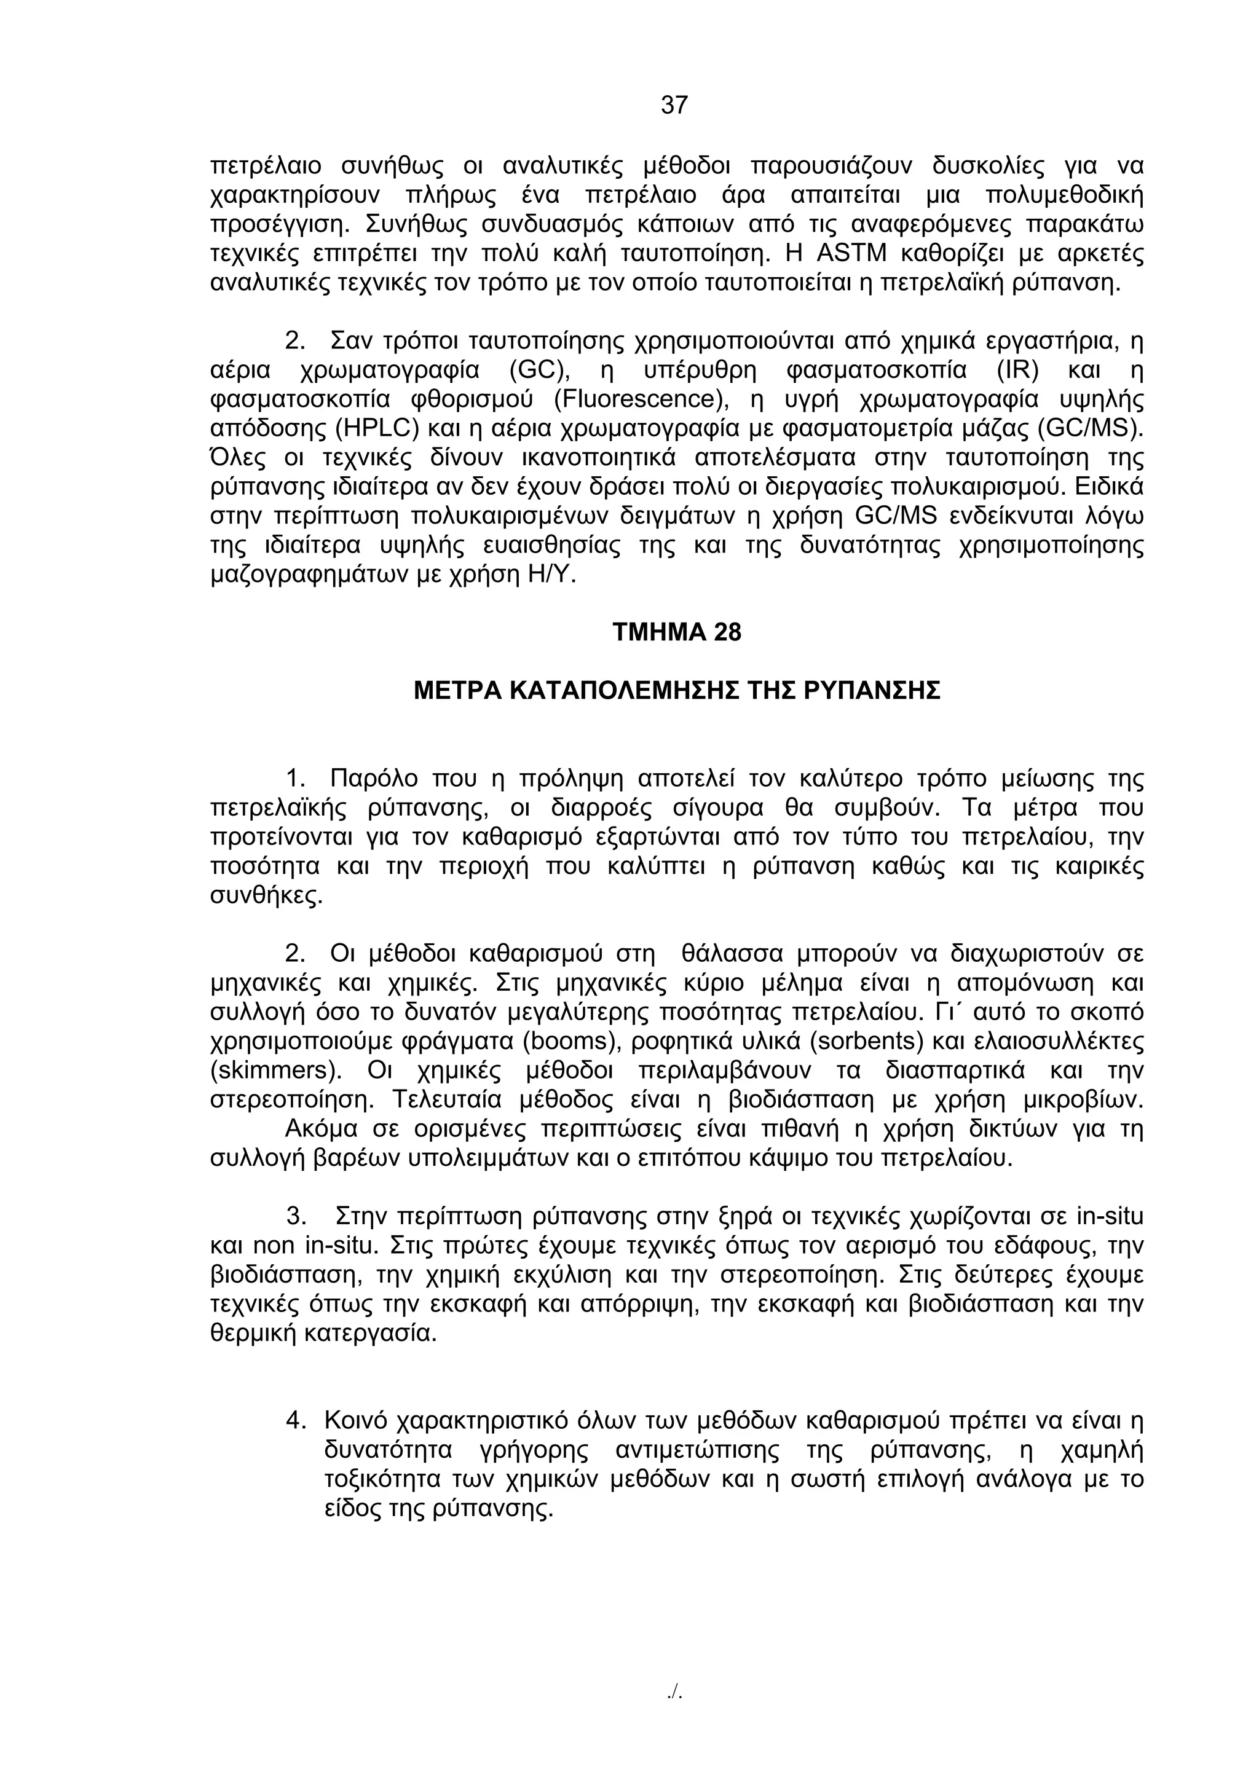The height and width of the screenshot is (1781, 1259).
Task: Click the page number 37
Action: (x=674, y=104)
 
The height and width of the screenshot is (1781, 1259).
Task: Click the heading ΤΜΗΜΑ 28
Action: (x=676, y=632)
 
